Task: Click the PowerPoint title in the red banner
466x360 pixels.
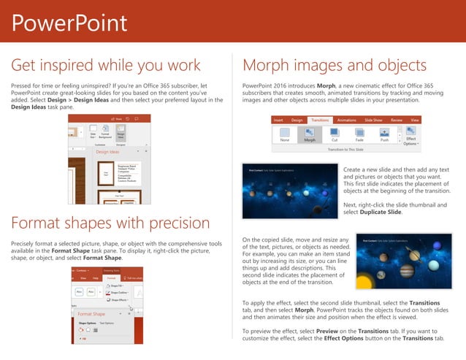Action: point(69,23)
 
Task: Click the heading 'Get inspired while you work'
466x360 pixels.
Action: point(106,66)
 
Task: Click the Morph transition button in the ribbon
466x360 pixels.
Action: point(310,135)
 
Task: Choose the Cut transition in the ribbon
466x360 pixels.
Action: point(335,135)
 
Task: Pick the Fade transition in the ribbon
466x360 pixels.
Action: point(359,135)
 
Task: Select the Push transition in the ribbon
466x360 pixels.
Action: point(384,135)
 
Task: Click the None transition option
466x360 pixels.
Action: point(285,135)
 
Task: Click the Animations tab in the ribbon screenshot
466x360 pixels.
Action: point(346,119)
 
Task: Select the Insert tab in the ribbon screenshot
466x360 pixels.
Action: point(278,119)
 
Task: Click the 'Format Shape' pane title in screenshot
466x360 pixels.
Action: point(93,314)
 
